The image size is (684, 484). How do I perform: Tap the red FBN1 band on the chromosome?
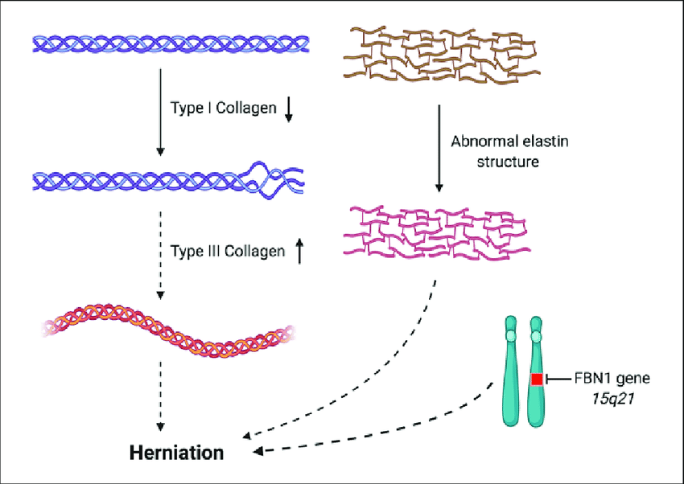(x=537, y=379)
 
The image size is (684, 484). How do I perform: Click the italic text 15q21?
(x=597, y=396)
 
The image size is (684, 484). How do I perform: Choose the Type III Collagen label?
(x=228, y=252)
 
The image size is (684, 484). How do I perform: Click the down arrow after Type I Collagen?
(x=289, y=112)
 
